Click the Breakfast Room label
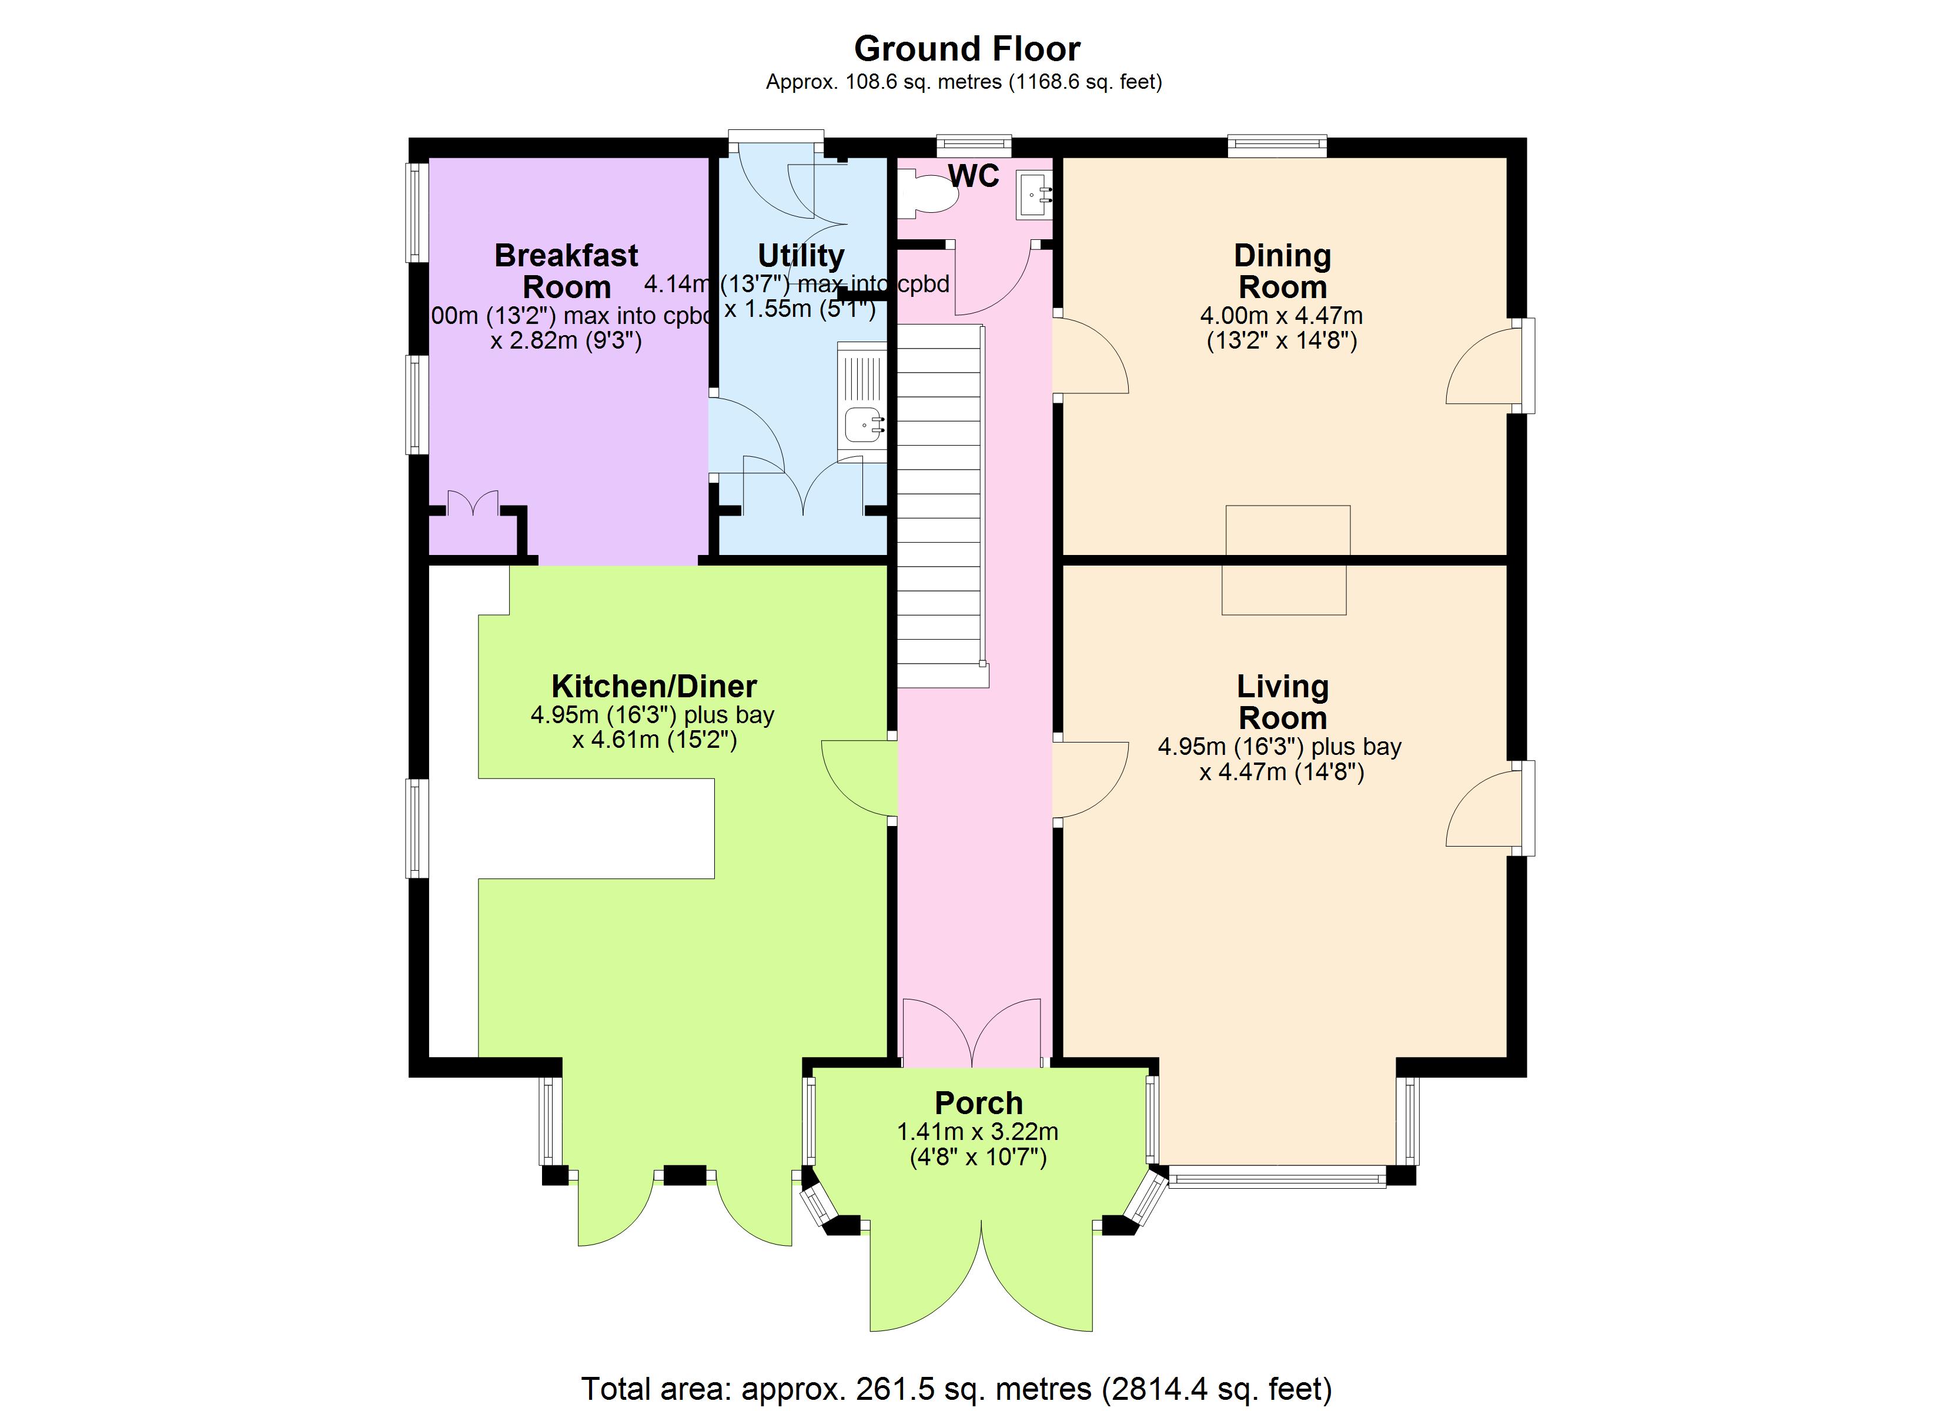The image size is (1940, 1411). [x=566, y=270]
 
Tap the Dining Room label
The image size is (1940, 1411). [x=1282, y=270]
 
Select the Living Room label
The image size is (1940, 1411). [x=1282, y=701]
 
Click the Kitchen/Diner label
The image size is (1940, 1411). [x=654, y=686]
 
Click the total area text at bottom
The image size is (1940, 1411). [x=956, y=1388]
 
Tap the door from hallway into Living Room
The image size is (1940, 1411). [x=1091, y=778]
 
